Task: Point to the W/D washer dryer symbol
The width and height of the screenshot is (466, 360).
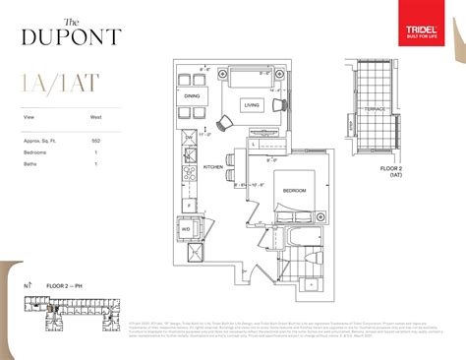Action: [186, 230]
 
